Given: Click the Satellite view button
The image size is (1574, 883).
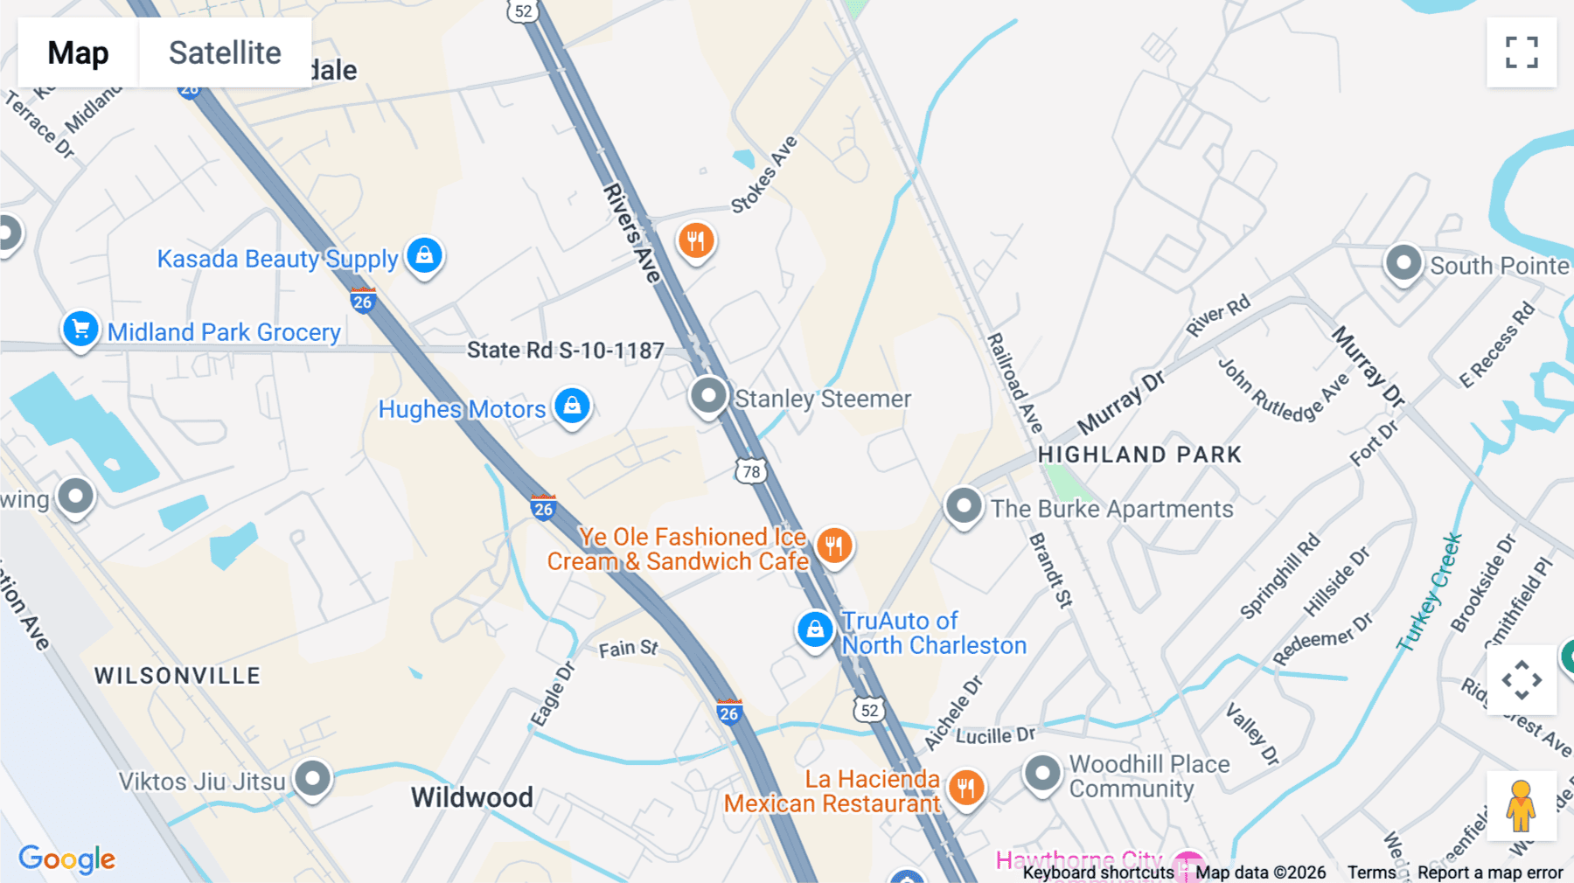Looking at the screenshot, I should click(x=225, y=52).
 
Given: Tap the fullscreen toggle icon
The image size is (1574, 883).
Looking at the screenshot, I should click(x=1522, y=52).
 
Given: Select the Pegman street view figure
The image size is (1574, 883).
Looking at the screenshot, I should click(x=1521, y=806).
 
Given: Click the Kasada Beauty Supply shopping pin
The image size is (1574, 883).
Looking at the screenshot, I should click(x=425, y=256).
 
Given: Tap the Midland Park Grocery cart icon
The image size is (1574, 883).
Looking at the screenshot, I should click(x=80, y=330).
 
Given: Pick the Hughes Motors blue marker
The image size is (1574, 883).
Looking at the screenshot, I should click(x=573, y=407).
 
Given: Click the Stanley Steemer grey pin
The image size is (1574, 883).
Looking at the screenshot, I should click(x=708, y=396).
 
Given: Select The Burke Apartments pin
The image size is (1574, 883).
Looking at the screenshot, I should click(x=964, y=506).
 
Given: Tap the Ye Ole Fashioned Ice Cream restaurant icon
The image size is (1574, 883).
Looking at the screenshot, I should click(x=834, y=546).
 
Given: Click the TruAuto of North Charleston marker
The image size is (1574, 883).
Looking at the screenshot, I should click(x=815, y=629).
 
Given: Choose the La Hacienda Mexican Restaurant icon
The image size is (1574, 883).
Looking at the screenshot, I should click(x=966, y=788).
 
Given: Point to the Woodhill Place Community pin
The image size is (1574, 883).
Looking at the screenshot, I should click(x=1042, y=774).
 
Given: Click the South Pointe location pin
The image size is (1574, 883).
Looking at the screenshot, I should click(x=1403, y=263).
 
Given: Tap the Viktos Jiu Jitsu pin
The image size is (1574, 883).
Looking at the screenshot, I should click(x=312, y=778).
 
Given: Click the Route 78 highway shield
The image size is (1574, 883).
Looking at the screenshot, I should click(x=751, y=472).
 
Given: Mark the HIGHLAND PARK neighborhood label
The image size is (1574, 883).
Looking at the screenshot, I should click(x=1139, y=455).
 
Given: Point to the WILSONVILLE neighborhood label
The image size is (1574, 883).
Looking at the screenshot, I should click(x=178, y=676).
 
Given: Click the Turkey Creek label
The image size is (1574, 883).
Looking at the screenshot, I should click(x=1429, y=593).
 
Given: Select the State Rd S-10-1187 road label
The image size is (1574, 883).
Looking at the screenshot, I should click(x=565, y=351).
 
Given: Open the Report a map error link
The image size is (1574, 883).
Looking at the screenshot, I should click(x=1490, y=873).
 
